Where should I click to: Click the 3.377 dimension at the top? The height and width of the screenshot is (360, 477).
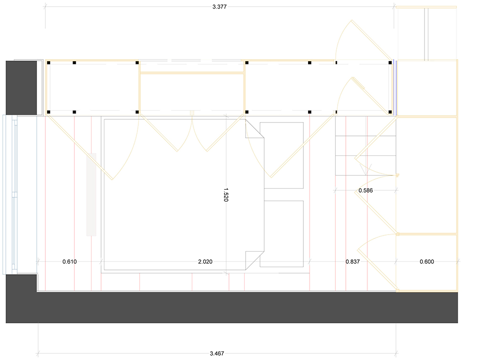click(219, 7)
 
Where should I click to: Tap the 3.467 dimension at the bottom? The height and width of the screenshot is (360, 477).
click(217, 353)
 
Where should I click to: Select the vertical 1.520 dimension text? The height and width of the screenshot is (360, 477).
click(226, 195)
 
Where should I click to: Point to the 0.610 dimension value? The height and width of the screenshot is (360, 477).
click(69, 261)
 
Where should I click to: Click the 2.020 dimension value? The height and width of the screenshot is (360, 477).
click(205, 261)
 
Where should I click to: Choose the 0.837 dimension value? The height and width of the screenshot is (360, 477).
click(353, 261)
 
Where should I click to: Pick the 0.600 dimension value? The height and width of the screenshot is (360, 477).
click(427, 261)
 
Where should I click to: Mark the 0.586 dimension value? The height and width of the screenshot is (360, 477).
click(365, 190)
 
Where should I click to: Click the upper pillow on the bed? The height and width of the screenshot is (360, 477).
click(282, 155)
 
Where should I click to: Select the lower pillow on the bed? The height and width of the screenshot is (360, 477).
click(282, 234)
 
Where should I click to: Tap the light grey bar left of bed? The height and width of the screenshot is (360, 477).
click(91, 195)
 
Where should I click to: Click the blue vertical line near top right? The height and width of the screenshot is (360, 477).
click(394, 88)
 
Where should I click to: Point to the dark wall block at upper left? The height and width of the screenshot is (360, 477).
click(21, 88)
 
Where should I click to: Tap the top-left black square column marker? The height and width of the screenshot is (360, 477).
click(49, 62)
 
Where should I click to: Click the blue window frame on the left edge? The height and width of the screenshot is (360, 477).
click(10, 195)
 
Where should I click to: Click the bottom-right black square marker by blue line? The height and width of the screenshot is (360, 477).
click(390, 112)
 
